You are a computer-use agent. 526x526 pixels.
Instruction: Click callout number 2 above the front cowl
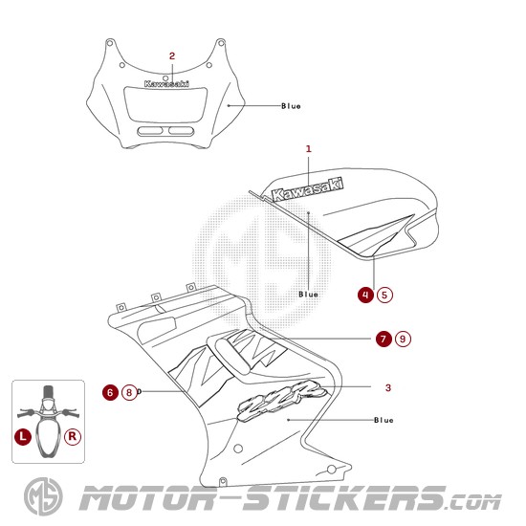point(172,56)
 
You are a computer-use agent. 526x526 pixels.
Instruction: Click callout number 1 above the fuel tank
point(309,148)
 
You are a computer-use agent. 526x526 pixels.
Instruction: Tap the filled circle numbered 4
point(365,295)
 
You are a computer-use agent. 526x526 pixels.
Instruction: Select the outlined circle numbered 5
point(384,295)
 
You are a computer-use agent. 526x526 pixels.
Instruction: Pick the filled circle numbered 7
point(384,339)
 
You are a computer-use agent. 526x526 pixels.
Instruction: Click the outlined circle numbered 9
point(403,339)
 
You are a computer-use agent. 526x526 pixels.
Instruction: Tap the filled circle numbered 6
point(110,392)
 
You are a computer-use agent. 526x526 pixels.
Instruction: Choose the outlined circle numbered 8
point(129,392)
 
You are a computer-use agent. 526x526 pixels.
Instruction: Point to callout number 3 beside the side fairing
point(388,387)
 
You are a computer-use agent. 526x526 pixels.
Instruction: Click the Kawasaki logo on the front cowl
point(166,84)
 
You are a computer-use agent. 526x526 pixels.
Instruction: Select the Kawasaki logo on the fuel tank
point(307,189)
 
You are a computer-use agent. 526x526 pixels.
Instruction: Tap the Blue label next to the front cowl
point(291,106)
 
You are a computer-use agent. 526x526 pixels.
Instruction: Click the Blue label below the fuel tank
point(308,295)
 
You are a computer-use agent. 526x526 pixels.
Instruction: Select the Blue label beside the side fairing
point(384,420)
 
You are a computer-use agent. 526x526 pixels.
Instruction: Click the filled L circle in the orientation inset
point(23,437)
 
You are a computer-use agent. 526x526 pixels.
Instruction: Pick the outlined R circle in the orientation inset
point(73,437)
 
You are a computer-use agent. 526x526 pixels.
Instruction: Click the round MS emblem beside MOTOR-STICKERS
point(43,496)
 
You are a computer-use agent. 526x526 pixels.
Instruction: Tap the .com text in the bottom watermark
point(473,502)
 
